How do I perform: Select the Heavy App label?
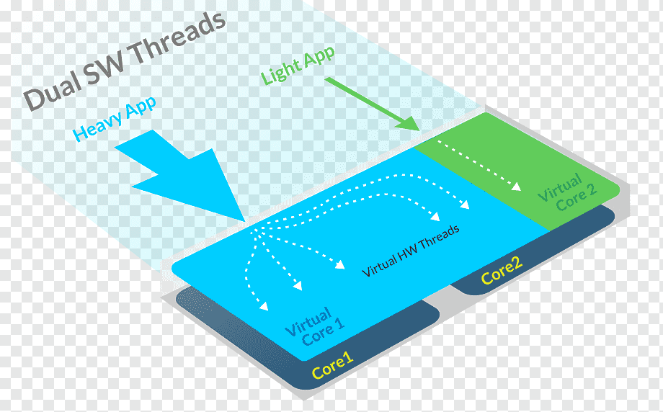114,118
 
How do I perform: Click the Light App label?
298,65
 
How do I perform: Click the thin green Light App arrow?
372,104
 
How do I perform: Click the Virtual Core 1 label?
315,326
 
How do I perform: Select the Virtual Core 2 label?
567,192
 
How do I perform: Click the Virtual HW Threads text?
411,251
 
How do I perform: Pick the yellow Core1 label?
332,366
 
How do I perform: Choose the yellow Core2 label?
502,272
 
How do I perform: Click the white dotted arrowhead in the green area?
516,187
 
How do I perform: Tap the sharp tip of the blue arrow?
245,221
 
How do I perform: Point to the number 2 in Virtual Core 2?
592,189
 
